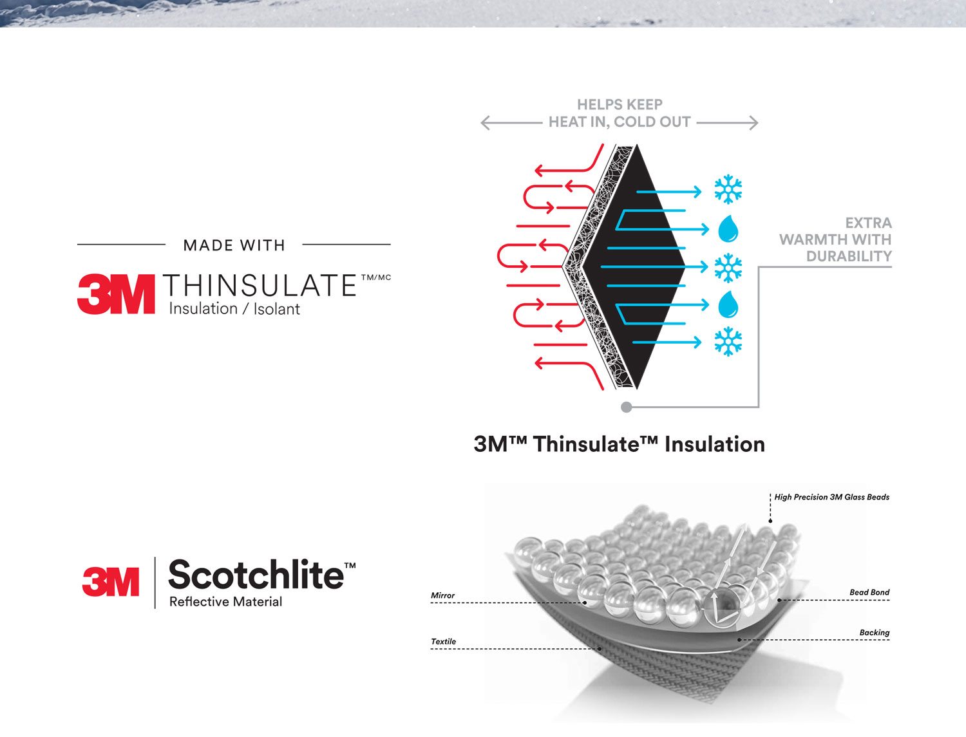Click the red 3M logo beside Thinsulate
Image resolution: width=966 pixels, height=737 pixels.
[116, 294]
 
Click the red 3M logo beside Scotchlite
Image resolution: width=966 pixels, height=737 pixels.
[111, 581]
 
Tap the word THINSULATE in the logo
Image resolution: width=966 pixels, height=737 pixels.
[260, 285]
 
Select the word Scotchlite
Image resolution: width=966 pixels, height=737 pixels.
[256, 574]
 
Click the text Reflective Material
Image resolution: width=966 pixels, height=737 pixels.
[226, 602]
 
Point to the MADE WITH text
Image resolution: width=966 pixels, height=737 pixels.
[234, 245]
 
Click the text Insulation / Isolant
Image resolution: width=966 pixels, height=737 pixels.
[234, 309]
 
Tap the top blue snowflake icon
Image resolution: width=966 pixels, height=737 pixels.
[728, 189]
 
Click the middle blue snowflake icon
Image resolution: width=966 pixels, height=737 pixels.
[728, 267]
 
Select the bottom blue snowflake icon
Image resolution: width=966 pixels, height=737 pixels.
[728, 341]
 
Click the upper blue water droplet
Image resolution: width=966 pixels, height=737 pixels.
[728, 229]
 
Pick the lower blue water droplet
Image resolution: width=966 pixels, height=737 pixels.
[728, 304]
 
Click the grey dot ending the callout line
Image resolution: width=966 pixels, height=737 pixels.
[626, 407]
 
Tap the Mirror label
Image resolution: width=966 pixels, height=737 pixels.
[442, 595]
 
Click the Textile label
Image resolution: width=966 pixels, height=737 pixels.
[444, 642]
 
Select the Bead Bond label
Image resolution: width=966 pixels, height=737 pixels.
[869, 592]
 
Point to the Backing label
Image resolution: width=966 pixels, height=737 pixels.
[875, 633]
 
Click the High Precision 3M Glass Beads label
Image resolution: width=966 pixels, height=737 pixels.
[832, 497]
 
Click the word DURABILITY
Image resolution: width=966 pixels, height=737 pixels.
[849, 256]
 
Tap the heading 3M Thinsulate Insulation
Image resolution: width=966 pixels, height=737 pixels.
[620, 444]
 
